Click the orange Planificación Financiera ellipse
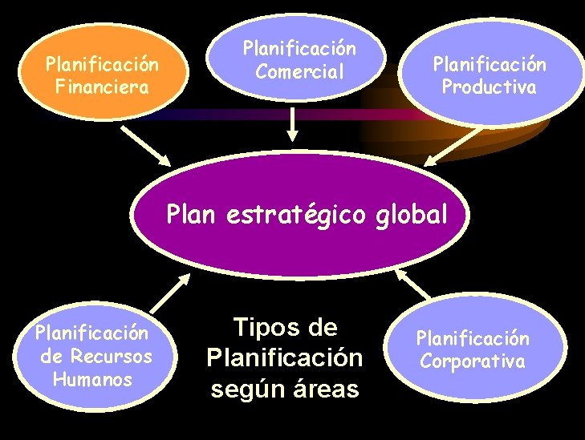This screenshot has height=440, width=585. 101,74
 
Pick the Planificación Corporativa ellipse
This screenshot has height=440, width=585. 473,349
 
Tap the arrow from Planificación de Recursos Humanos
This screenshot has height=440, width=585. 170,293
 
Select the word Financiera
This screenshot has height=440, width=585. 102,86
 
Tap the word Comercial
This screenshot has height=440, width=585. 299,71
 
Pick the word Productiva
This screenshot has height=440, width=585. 489,87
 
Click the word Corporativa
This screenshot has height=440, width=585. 473,361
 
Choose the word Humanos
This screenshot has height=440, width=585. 92,379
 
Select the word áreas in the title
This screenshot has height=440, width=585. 327,390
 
